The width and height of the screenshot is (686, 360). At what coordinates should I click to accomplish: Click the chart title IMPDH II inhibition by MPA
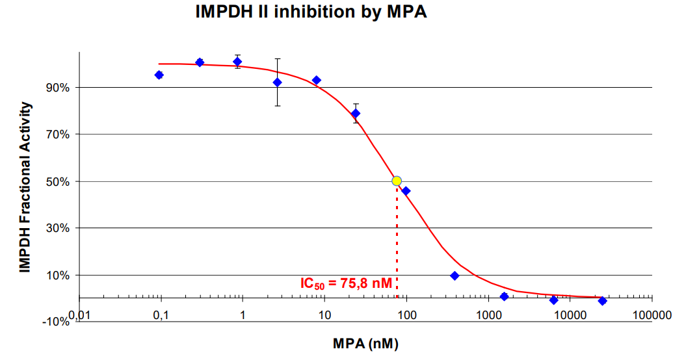pyautogui.click(x=311, y=12)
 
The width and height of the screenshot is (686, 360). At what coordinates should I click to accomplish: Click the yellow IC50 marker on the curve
pyautogui.click(x=397, y=181)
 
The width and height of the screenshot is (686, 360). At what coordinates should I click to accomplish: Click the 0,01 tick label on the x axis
pyautogui.click(x=79, y=315)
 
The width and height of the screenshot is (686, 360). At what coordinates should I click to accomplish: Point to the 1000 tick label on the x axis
pyautogui.click(x=488, y=315)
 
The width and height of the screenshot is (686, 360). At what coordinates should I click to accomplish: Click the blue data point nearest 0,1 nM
pyautogui.click(x=159, y=75)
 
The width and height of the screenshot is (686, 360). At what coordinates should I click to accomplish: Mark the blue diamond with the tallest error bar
pyautogui.click(x=277, y=82)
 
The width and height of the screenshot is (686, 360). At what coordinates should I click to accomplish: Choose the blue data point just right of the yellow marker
pyautogui.click(x=406, y=190)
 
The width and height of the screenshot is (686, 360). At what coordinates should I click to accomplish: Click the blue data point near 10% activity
pyautogui.click(x=455, y=276)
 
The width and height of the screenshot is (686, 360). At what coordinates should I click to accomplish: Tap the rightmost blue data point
pyautogui.click(x=602, y=301)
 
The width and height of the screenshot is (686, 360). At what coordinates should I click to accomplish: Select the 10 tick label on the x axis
pyautogui.click(x=324, y=315)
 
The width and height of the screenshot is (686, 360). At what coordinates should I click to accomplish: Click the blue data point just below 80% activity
pyautogui.click(x=355, y=113)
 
